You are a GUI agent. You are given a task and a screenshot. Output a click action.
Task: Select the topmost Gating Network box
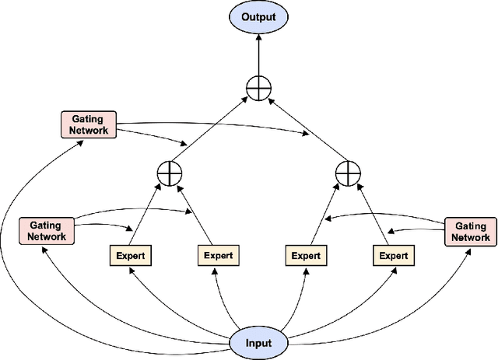click(x=89, y=124)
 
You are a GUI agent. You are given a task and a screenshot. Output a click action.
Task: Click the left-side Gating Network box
click(x=47, y=231)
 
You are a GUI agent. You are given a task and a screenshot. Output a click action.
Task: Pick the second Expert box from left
click(x=218, y=254)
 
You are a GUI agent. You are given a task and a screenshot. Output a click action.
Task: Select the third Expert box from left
click(x=306, y=254)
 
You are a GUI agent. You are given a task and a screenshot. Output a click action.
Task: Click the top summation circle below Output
click(x=257, y=89)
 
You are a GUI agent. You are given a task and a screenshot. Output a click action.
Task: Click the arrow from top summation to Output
click(x=257, y=54)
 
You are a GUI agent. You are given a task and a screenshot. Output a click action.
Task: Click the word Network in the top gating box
click(x=89, y=131)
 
